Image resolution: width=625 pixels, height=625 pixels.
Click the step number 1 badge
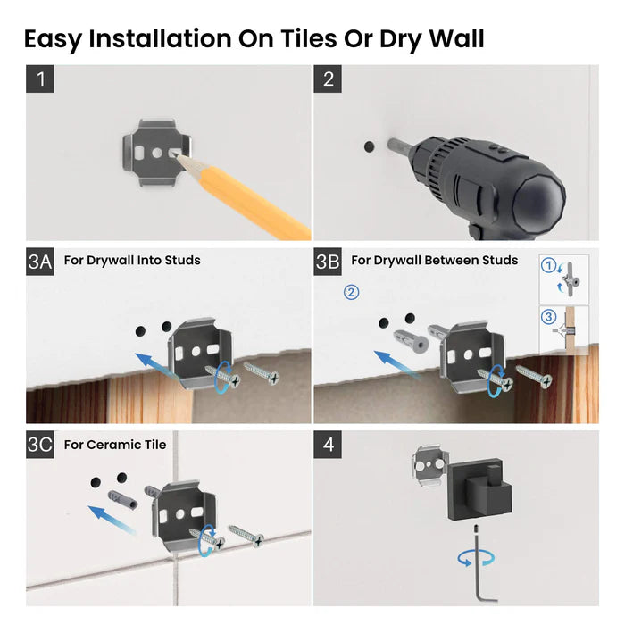click(x=39, y=79)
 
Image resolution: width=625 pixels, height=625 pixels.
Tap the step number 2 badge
click(x=328, y=79)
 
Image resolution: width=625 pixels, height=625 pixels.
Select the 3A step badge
click(x=40, y=261)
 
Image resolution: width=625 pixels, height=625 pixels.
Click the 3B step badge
click(x=328, y=261)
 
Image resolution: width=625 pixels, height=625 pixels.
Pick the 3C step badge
click(x=40, y=445)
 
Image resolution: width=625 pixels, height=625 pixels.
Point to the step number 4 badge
click(x=328, y=445)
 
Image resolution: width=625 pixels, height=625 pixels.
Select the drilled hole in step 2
click(x=369, y=144)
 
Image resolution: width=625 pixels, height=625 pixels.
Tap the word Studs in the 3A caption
click(x=182, y=261)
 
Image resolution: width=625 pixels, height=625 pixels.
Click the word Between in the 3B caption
click(x=444, y=261)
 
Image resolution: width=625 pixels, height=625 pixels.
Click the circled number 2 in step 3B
click(x=352, y=292)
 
